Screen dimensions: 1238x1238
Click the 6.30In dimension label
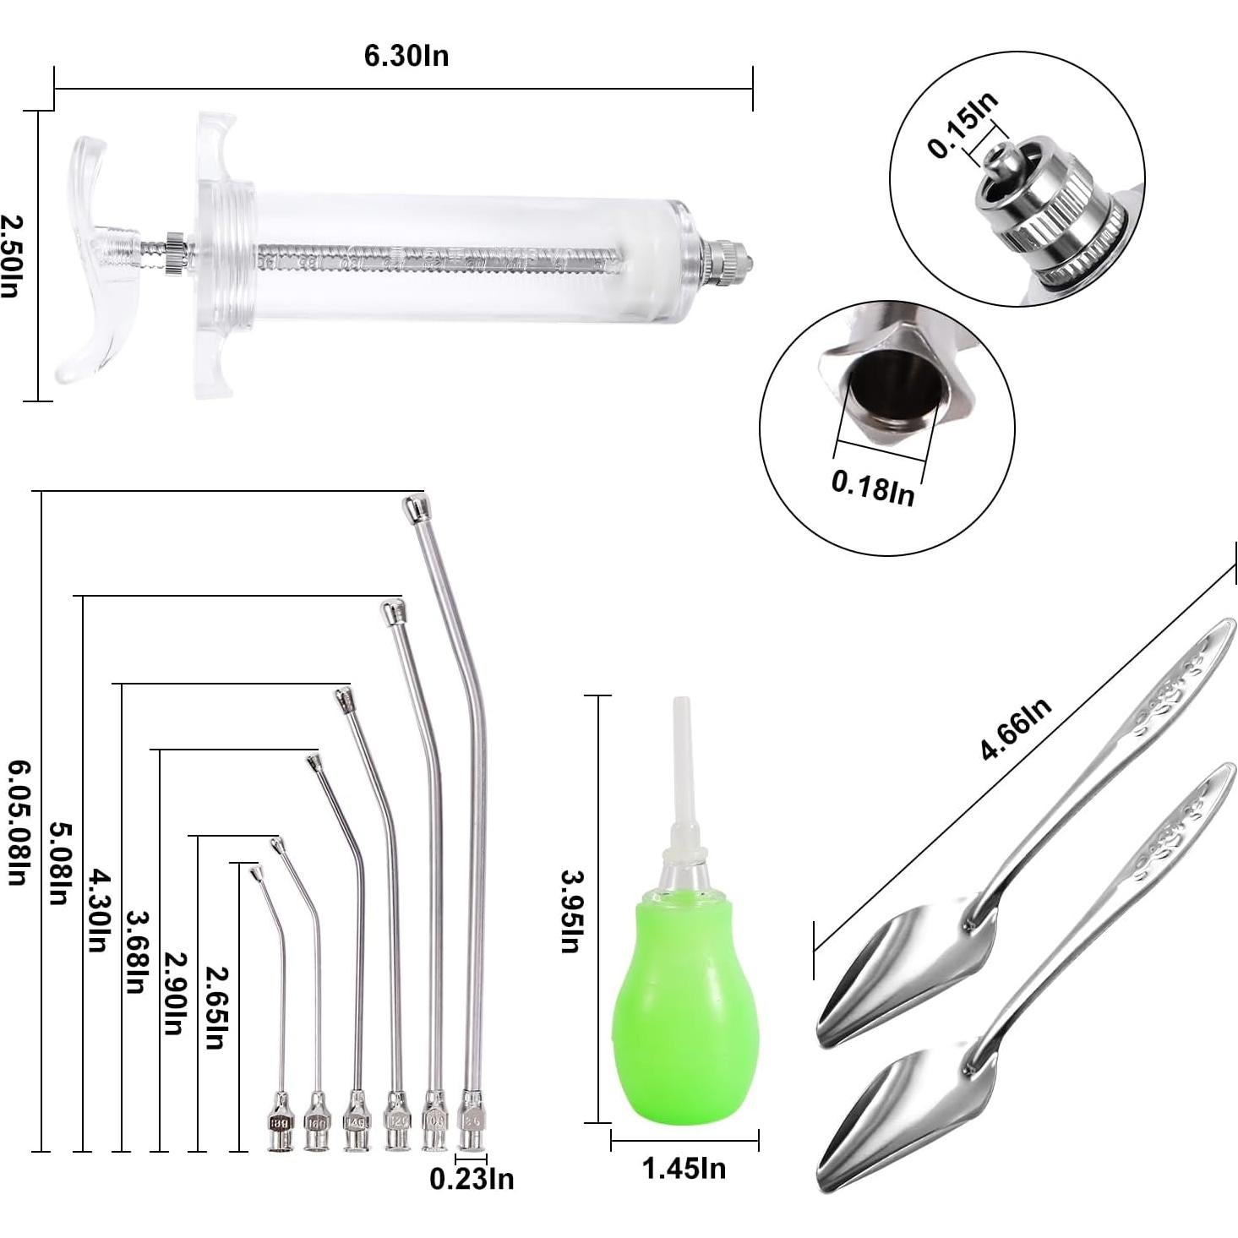406,56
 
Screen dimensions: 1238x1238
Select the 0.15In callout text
963,124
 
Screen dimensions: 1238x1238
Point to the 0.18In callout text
873,488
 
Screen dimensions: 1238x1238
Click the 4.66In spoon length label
1016,728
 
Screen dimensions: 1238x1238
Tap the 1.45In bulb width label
684,1169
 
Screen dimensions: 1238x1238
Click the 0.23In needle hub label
472,1178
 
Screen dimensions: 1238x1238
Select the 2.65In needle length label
216,1006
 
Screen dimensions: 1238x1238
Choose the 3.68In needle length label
136,952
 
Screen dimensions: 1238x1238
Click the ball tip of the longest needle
413,509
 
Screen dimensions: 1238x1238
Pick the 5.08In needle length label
57,862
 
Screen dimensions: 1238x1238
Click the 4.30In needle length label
99,908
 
